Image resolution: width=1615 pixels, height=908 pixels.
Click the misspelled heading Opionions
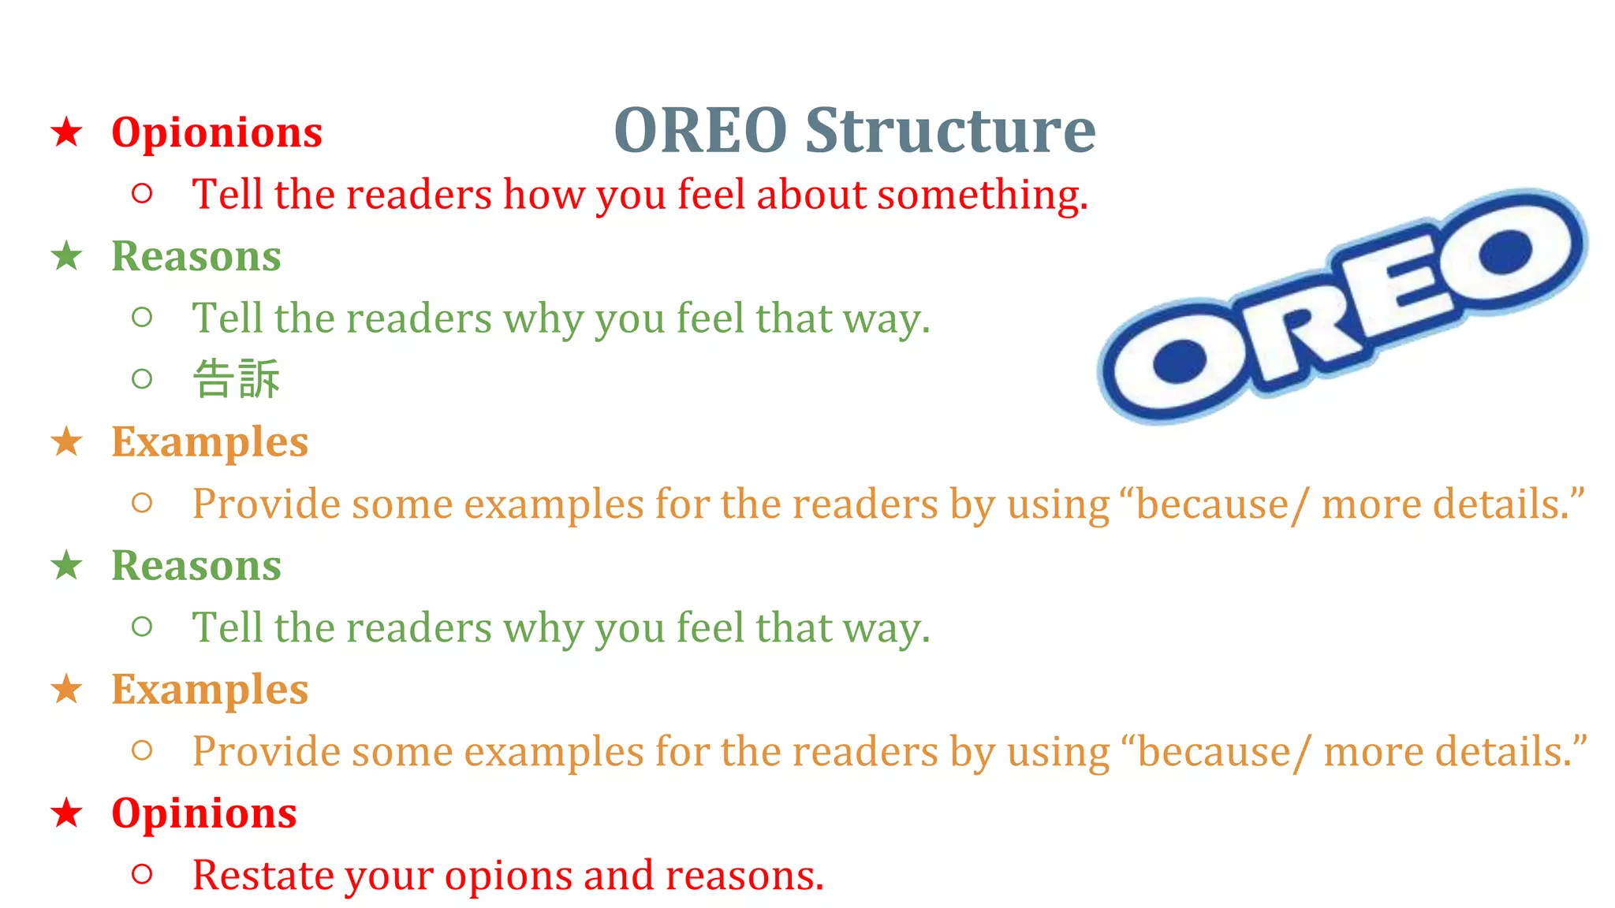[x=217, y=132]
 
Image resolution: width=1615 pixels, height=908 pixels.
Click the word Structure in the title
[x=950, y=131]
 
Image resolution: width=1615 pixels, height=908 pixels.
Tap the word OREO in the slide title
[x=700, y=131]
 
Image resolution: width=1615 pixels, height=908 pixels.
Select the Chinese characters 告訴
[x=237, y=379]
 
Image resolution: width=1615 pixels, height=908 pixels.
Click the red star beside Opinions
[x=67, y=813]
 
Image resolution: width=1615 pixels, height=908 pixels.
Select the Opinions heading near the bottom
[x=204, y=813]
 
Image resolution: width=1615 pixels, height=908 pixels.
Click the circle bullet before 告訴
[x=142, y=379]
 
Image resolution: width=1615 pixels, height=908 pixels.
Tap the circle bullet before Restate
[x=142, y=873]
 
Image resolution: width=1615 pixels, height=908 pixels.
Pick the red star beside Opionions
[x=67, y=132]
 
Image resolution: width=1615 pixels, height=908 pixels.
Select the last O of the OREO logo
[x=1506, y=251]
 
